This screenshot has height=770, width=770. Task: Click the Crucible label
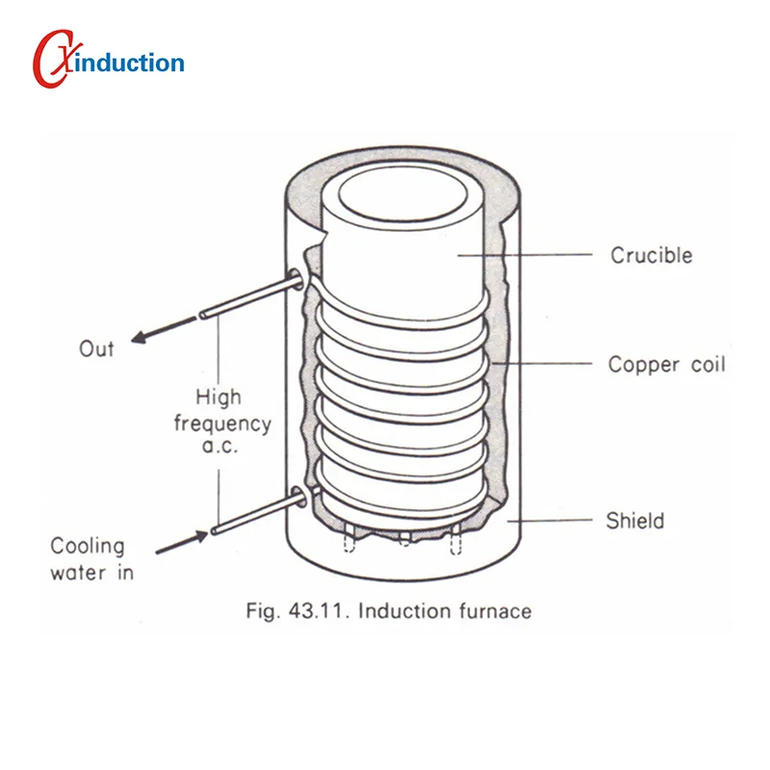pos(652,255)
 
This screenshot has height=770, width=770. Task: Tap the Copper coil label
pos(666,365)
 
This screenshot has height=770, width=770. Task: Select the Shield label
pos(634,521)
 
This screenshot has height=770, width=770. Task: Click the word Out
pos(96,348)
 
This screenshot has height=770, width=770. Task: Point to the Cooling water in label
pos(88,558)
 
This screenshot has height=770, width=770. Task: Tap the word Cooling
pos(88,546)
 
